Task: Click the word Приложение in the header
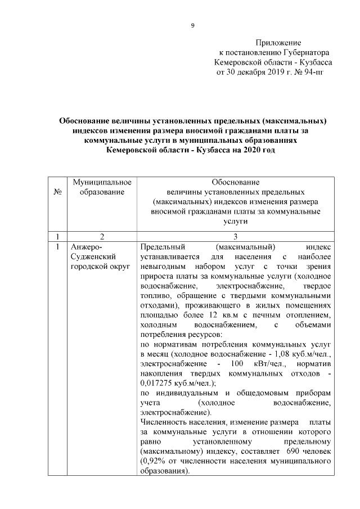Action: pyautogui.click(x=278, y=43)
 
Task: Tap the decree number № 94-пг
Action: pyautogui.click(x=309, y=73)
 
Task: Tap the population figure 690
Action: pyautogui.click(x=295, y=452)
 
